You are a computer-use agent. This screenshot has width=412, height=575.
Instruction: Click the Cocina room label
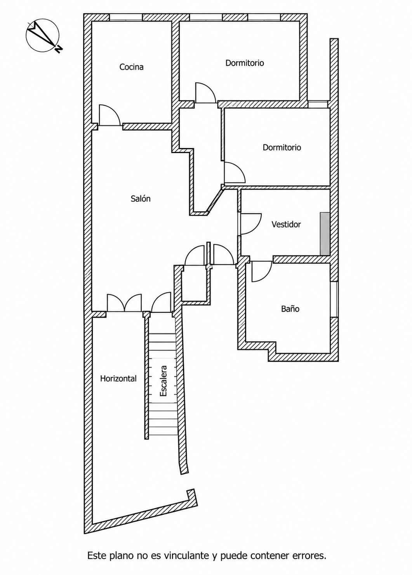[x=131, y=67]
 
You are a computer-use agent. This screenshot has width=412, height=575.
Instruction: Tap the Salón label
[x=140, y=199]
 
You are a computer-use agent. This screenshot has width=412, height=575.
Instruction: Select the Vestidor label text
[x=286, y=224]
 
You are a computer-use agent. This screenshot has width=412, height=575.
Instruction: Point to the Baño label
[x=290, y=309]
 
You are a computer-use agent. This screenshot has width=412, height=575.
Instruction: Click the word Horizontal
[x=118, y=379]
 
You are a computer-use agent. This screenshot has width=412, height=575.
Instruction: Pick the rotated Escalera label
[x=163, y=381]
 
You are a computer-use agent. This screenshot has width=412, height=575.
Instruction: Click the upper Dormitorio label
[x=245, y=63]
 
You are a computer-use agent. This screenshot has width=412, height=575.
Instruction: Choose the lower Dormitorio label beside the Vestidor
[x=282, y=147]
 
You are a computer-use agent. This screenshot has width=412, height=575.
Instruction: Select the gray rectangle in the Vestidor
[x=325, y=233]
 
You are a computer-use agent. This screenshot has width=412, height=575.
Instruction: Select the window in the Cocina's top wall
[x=126, y=17]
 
